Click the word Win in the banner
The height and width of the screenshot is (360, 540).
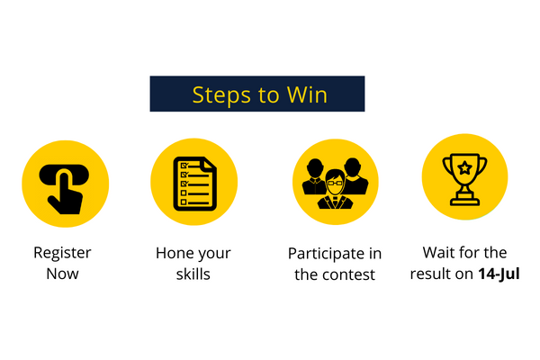307,94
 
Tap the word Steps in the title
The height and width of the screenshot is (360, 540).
221,95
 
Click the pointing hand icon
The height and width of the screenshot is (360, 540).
64,189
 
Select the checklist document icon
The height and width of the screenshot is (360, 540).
195,184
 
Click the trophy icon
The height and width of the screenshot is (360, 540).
464,179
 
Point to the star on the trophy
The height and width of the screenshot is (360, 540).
464,167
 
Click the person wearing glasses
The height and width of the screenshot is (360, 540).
335,189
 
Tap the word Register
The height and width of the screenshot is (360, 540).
62,253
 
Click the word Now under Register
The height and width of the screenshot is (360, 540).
62,274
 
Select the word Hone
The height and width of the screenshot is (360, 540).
173,253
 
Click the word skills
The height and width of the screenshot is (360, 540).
193,274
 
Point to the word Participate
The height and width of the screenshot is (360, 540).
327,254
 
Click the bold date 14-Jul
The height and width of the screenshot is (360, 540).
499,274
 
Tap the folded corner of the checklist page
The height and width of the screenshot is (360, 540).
210,163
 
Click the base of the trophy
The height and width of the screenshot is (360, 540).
464,201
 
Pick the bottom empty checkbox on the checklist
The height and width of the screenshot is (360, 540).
184,202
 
